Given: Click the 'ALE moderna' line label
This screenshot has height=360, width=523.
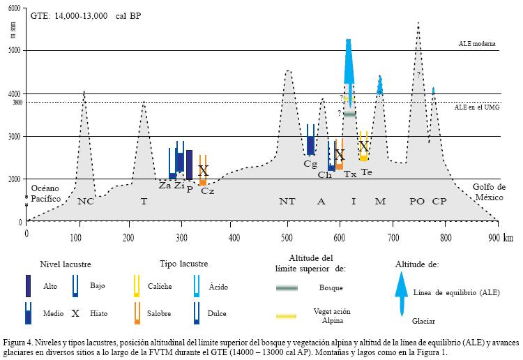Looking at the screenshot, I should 477,43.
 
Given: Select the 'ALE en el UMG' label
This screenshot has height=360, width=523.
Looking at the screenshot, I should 476,107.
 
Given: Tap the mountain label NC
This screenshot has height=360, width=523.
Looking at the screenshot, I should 86,202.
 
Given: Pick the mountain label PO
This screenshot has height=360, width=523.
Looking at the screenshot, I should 417,202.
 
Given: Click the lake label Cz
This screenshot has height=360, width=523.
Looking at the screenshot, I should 207,191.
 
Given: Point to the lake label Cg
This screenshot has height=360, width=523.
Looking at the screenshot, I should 310,164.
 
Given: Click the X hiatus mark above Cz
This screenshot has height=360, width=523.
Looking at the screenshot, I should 203,170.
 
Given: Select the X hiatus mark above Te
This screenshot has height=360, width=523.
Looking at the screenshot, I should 363,147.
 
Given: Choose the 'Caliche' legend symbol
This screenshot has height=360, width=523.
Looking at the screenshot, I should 137,285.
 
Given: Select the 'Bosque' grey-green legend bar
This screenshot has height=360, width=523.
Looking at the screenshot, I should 287,288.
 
